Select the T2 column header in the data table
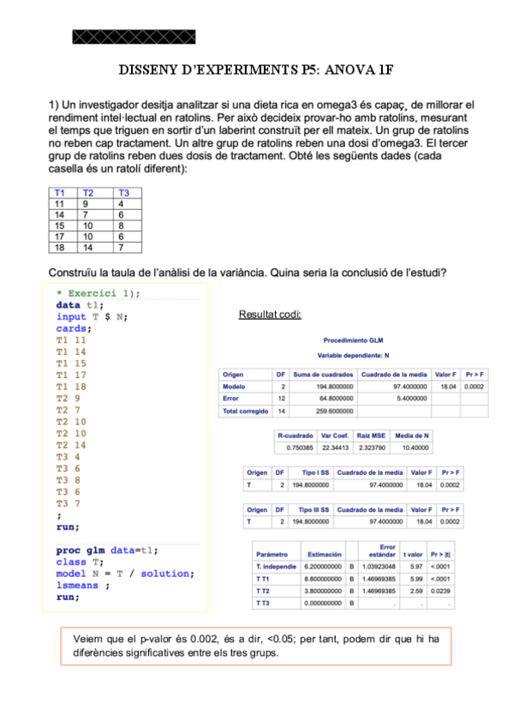[88, 193]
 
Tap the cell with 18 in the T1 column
[59, 248]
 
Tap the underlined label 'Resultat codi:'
[270, 315]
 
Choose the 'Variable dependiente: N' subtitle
[354, 354]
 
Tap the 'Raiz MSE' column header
[373, 435]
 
